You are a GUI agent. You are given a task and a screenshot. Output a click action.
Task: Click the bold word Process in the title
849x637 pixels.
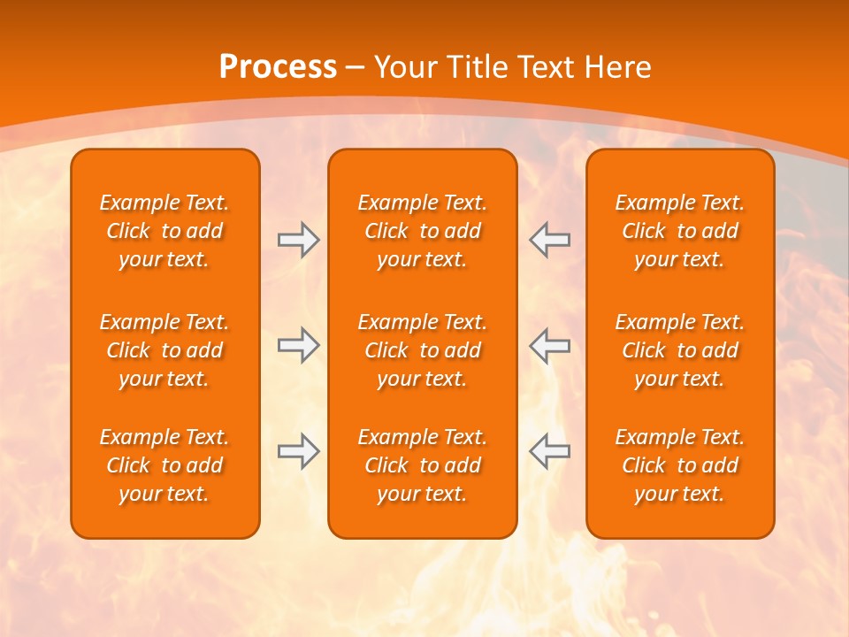(278, 67)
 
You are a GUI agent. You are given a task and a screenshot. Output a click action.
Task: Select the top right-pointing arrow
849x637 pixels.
(298, 240)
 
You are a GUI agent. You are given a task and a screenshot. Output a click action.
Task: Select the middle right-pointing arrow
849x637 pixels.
(298, 345)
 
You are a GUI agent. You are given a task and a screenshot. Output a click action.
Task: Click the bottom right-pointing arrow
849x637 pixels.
(298, 451)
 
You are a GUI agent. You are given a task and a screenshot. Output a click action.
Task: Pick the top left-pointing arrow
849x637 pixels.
(549, 240)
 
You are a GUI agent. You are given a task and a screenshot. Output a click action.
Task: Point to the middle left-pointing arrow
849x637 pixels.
(549, 345)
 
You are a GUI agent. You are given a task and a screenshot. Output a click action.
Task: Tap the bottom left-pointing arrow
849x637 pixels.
(549, 451)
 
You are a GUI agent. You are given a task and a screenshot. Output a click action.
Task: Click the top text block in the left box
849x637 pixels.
(164, 231)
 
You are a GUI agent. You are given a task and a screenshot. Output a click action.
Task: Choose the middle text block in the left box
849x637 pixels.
(164, 350)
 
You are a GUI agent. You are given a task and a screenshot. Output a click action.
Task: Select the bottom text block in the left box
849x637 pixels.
(164, 465)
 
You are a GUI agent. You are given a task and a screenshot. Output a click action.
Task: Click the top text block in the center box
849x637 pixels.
(422, 231)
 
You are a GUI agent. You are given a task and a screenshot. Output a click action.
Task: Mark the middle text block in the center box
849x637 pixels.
(422, 350)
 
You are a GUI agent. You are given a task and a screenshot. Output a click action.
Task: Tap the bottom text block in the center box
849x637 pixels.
(422, 465)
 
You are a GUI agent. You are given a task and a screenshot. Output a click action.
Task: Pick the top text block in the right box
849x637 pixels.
(679, 231)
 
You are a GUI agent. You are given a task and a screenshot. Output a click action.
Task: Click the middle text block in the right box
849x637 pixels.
(679, 350)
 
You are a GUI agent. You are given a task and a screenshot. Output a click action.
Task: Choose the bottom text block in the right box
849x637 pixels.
(679, 465)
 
